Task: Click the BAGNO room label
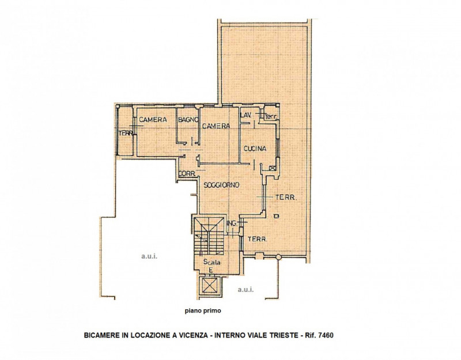click(188, 120)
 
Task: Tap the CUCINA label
click(255, 149)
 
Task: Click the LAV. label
click(245, 115)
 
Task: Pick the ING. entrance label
click(233, 223)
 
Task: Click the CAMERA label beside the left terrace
click(153, 120)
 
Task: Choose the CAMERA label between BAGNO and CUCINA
click(216, 126)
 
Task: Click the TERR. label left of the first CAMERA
click(126, 134)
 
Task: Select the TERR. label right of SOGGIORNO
click(286, 198)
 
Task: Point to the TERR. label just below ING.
click(257, 238)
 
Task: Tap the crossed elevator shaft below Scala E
click(209, 285)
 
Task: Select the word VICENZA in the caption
click(192, 335)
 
